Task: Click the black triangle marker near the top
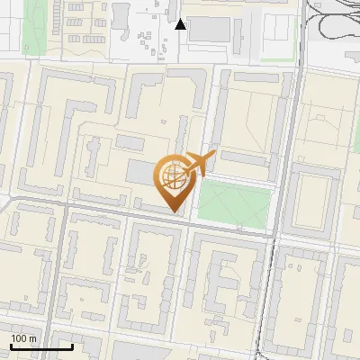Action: point(181,24)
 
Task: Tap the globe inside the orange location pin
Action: point(173,177)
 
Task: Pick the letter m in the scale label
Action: point(33,338)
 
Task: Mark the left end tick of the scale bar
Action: point(10,346)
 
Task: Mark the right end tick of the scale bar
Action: point(72,346)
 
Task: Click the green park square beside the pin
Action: point(233,203)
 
